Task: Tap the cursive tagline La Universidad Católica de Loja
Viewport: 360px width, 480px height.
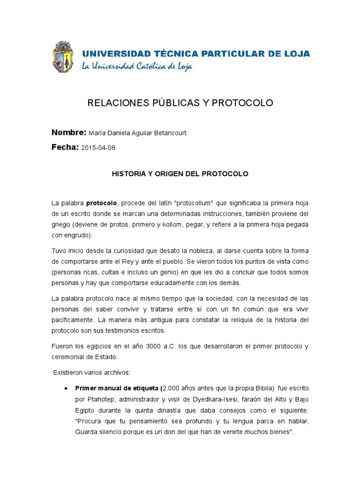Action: pyautogui.click(x=137, y=66)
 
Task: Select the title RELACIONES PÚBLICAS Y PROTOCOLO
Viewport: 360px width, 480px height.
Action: pyautogui.click(x=180, y=103)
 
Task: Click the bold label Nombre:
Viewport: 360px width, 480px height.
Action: pyautogui.click(x=68, y=132)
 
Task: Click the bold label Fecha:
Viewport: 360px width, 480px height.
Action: pyautogui.click(x=65, y=147)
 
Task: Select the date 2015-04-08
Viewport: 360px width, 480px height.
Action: pyautogui.click(x=98, y=148)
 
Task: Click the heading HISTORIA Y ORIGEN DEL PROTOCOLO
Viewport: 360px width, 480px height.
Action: pyautogui.click(x=180, y=173)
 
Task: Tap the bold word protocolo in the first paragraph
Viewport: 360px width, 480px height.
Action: pyautogui.click(x=101, y=203)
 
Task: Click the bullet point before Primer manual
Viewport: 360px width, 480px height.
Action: pyautogui.click(x=65, y=389)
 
